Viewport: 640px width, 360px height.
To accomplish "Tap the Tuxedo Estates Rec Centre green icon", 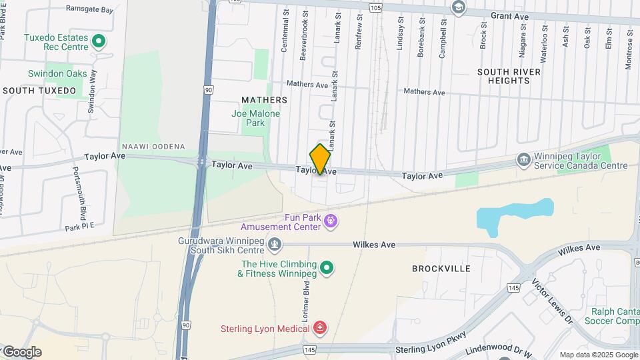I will click(99, 42).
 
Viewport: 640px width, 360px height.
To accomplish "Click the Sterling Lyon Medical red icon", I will click(320, 328).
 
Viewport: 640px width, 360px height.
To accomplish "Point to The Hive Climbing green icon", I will click(326, 268).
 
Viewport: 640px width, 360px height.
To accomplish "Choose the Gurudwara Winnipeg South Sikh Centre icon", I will click(274, 245).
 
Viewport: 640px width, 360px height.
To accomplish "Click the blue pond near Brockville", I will click(513, 215).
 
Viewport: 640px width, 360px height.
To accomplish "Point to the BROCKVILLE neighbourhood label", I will click(441, 269).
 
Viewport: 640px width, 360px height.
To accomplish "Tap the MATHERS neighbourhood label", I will click(265, 100).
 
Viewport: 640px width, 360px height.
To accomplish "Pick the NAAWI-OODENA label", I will click(153, 146).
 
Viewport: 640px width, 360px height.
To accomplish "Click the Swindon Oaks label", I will click(57, 73).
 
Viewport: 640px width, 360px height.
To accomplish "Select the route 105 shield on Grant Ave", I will click(375, 8).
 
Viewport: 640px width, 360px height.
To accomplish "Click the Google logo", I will click(21, 352).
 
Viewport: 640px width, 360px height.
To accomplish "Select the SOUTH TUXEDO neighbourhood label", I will click(39, 90).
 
